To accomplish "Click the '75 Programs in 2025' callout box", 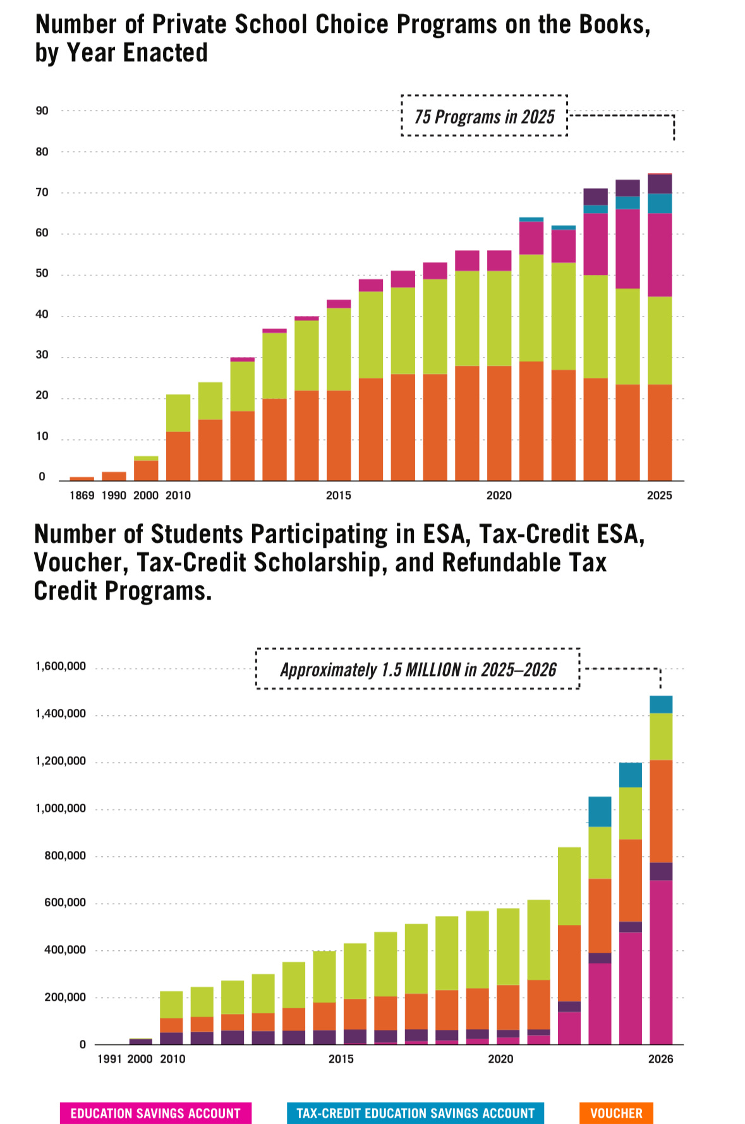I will tap(484, 116).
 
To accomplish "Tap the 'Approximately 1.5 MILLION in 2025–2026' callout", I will tap(418, 668).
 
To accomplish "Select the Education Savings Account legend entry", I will tap(155, 1113).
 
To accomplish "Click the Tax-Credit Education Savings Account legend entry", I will tap(415, 1113).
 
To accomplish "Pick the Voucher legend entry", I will tap(615, 1113).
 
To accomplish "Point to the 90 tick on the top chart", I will tap(42, 111).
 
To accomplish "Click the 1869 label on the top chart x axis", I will tap(82, 495).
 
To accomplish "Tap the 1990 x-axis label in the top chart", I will tap(114, 495).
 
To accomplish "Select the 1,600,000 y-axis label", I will tap(61, 666).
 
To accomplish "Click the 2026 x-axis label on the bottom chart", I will tap(660, 1058).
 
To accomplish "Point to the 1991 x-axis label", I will tap(109, 1058).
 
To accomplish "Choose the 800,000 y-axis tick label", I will tap(65, 855).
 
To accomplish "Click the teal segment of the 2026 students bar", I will tap(660, 704).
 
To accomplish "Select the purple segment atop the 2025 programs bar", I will tap(660, 184).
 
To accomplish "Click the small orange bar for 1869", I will tap(82, 478).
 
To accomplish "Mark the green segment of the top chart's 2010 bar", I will tap(178, 413).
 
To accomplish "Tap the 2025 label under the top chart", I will tap(659, 495).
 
